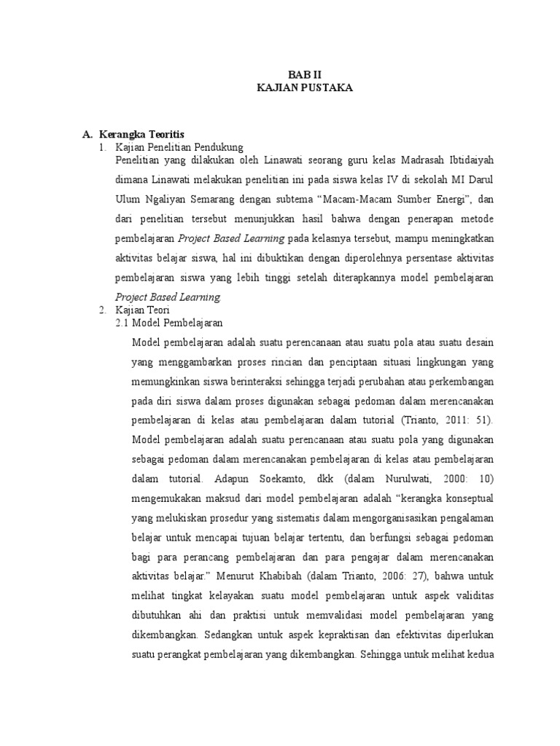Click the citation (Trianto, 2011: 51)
coord(447,420)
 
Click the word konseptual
coord(467,500)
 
